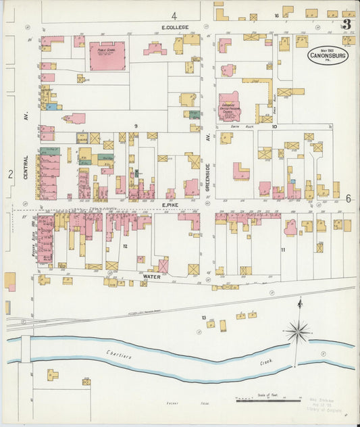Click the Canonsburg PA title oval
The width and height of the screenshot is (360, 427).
pyautogui.click(x=328, y=55)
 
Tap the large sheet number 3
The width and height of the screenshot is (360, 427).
pyautogui.click(x=346, y=24)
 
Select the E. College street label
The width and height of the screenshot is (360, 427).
pyautogui.click(x=175, y=28)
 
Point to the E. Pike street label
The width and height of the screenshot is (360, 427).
pyautogui.click(x=169, y=203)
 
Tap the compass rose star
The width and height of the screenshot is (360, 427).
pyautogui.click(x=297, y=331)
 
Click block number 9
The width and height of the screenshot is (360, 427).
pyautogui.click(x=136, y=126)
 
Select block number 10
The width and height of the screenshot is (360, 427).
pyautogui.click(x=274, y=126)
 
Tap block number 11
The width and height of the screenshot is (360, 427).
pyautogui.click(x=284, y=250)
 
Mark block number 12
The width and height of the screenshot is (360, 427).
pyautogui.click(x=126, y=246)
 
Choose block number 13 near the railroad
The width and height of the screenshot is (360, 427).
pyautogui.click(x=203, y=317)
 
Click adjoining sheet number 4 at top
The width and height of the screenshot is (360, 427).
pyautogui.click(x=174, y=16)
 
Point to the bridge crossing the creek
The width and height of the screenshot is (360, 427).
pyautogui.click(x=26, y=350)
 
